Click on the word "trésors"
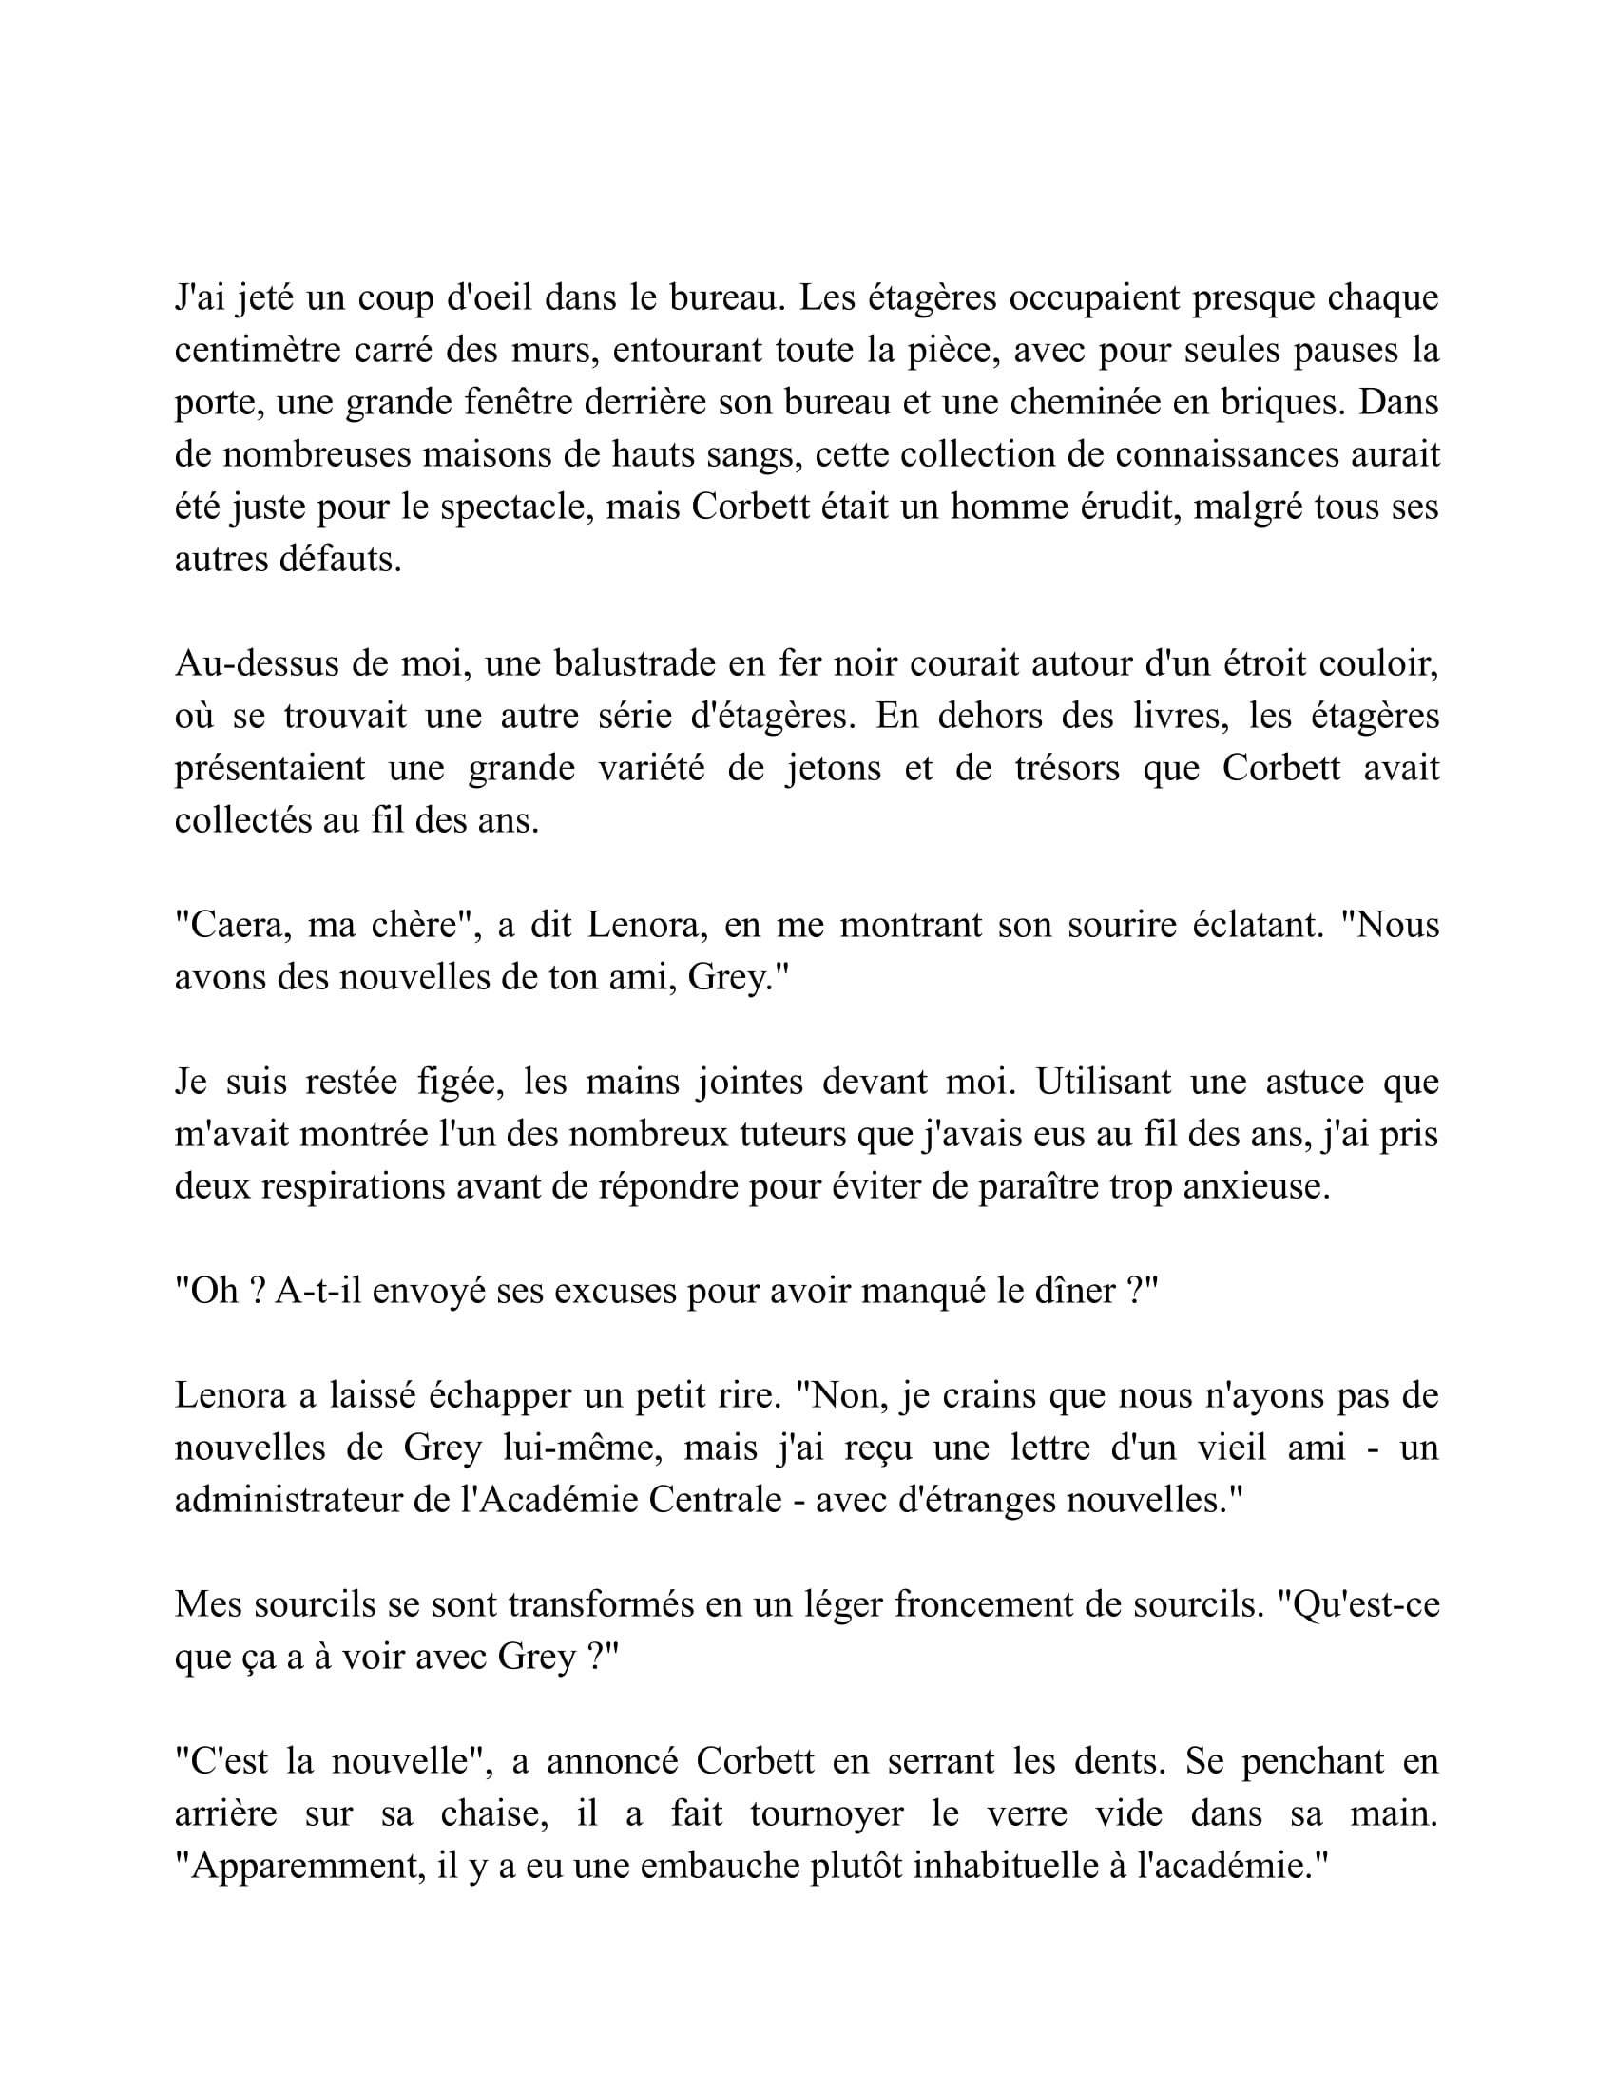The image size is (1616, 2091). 1067,768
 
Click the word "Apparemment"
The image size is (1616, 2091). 299,1866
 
